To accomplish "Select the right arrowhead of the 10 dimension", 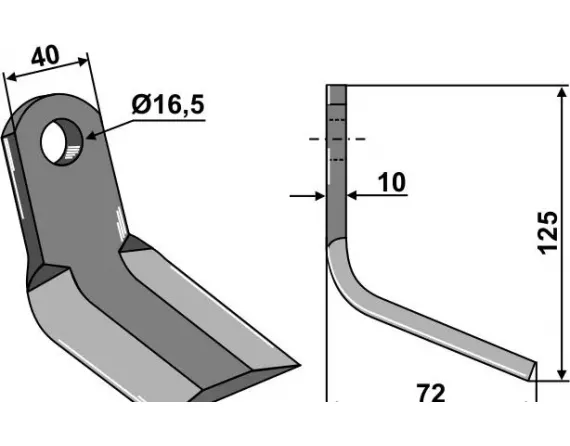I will [x=350, y=196].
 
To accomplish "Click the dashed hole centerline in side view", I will [x=337, y=138].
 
